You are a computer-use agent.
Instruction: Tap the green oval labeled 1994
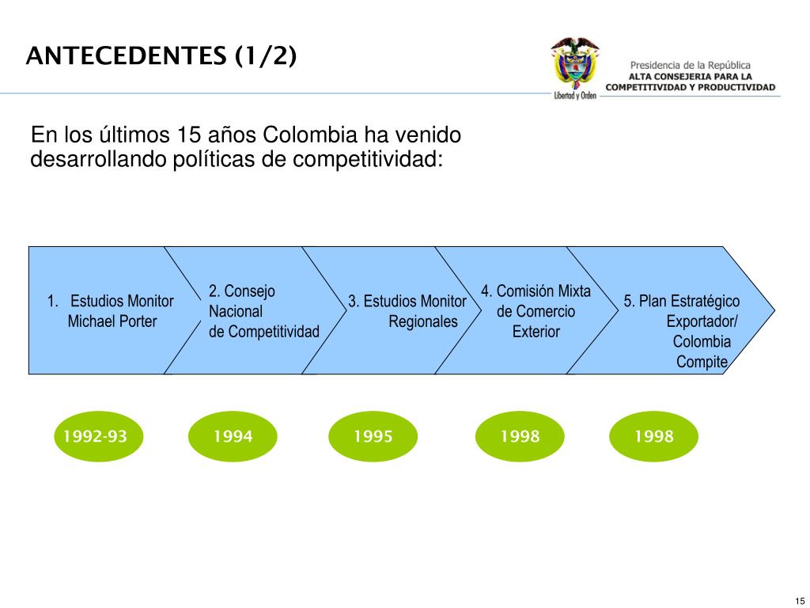coord(233,436)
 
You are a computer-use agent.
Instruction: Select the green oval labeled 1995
coord(373,436)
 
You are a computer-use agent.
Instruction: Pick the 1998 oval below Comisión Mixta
coord(520,436)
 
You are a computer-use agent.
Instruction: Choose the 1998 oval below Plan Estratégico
coord(653,436)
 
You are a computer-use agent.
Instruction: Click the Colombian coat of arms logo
coord(575,67)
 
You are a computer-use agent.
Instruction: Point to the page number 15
coord(799,599)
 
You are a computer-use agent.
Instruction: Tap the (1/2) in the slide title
coord(265,57)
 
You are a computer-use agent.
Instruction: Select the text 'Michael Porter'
coord(112,321)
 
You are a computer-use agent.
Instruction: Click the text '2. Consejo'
coord(242,291)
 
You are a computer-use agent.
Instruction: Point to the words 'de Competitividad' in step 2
coord(264,332)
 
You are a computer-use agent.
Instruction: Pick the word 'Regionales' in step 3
coord(423,321)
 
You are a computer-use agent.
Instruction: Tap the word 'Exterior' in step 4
coord(536,332)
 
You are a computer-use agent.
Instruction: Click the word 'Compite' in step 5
coord(702,362)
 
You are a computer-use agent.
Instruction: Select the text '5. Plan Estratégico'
coord(682,302)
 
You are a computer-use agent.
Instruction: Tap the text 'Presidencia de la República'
coord(691,66)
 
